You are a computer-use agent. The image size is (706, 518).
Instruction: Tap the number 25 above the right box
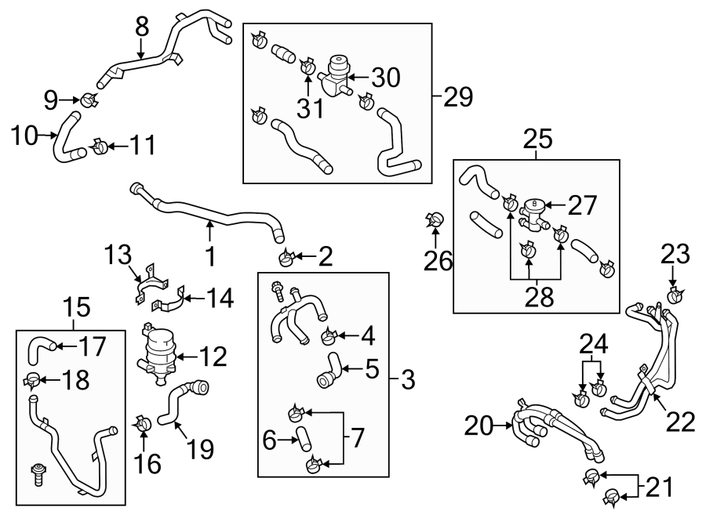coord(537,141)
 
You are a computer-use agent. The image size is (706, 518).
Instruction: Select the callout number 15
coord(75,306)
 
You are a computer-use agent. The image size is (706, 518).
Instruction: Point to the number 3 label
coord(406,382)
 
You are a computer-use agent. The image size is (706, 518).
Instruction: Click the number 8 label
coord(141,27)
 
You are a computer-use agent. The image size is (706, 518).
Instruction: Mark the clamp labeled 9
coord(88,100)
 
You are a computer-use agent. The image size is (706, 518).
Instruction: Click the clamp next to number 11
coord(100,146)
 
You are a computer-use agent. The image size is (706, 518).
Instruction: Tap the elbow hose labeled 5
coord(329,370)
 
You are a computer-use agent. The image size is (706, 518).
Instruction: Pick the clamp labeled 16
coord(143,426)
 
